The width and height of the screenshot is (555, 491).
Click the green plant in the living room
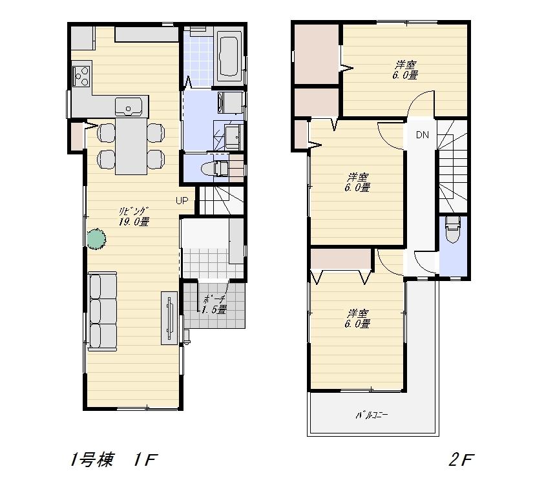96,238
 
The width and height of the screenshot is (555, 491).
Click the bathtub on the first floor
229,56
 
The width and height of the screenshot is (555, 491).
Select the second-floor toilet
452,229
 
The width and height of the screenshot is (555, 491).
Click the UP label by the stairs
182,200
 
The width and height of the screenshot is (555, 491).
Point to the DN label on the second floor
423,135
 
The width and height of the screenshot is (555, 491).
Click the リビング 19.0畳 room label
134,216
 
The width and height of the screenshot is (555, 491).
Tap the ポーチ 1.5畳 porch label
214,304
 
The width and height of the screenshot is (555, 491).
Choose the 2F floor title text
461,460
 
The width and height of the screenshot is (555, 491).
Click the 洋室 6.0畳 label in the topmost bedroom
406,70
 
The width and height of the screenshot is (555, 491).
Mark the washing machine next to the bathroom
231,101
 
